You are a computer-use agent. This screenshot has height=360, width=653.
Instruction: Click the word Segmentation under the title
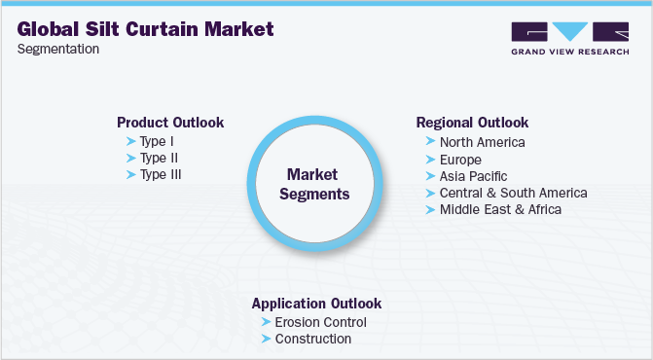pos(57,49)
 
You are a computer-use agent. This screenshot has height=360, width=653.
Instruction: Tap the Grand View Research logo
pos(569,39)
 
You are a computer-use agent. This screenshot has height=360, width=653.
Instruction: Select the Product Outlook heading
pos(170,123)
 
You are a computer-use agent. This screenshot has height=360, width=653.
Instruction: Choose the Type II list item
pos(159,158)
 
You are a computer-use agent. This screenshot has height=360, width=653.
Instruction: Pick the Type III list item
pos(161,174)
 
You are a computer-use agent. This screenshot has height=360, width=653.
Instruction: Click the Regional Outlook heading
pos(472,123)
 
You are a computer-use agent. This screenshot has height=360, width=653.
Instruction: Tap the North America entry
pos(482,142)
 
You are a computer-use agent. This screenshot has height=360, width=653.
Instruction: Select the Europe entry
pos(460,159)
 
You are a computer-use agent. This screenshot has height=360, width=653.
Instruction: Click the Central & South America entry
pos(513,193)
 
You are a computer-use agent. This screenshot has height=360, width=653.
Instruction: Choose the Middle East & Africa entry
pos(500,209)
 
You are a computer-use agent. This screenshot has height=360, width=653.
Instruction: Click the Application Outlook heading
pos(316,304)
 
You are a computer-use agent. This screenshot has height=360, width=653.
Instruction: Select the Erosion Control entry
pos(320,322)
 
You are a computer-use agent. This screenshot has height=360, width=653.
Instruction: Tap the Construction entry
pos(312,339)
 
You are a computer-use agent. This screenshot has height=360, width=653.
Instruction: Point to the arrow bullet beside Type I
pos(131,141)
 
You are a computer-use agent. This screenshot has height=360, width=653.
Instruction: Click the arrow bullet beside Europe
pos(431,159)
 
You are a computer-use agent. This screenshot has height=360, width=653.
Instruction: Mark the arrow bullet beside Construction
pos(267,339)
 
